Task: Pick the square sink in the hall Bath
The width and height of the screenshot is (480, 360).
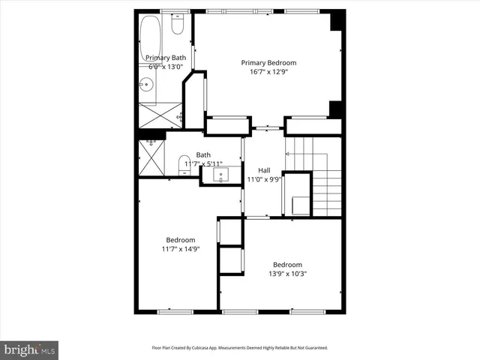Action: coord(221,175)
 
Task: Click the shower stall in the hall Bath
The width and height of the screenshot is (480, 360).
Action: coord(152,157)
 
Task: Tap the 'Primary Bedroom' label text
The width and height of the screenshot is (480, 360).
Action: coord(268,63)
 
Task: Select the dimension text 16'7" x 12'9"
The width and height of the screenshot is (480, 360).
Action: coord(268,73)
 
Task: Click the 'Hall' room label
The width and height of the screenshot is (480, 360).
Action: coord(263,169)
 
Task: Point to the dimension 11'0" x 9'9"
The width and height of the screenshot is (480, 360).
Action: coord(263,179)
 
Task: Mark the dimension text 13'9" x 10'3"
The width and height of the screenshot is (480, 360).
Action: coord(287,274)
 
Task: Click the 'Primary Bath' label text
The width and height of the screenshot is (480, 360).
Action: coord(165,58)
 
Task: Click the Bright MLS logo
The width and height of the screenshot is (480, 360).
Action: coord(30,349)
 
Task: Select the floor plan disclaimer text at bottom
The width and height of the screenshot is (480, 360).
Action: coord(240,348)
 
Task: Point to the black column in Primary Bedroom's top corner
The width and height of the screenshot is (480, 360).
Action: coord(338,20)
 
